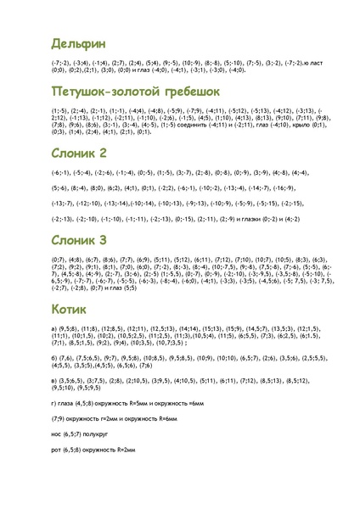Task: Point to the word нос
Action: tap(56, 433)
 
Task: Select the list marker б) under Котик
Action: tap(53, 358)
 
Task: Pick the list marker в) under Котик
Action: tap(53, 382)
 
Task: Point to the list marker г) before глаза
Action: tap(53, 403)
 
